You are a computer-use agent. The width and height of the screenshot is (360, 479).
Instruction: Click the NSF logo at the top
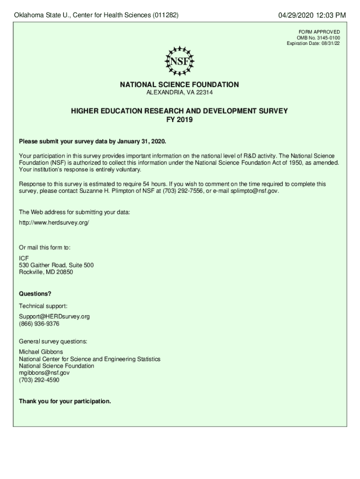[x=180, y=61]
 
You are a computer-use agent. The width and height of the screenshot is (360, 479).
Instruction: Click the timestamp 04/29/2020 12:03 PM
[x=312, y=16]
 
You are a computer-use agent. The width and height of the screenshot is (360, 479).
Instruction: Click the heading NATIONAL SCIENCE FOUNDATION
[x=180, y=85]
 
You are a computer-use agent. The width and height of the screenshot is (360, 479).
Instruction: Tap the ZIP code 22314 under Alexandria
[x=205, y=93]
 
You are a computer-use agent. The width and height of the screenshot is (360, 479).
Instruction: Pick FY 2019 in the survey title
[x=180, y=120]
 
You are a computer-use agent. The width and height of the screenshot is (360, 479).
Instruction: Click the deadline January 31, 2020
[x=141, y=141]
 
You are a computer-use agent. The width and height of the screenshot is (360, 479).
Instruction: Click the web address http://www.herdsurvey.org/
[x=54, y=223]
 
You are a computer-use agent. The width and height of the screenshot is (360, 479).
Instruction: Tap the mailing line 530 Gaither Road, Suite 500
[x=56, y=265]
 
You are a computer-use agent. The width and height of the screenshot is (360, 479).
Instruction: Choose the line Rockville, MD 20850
[x=46, y=272]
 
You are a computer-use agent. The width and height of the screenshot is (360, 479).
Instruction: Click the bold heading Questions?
[x=35, y=294]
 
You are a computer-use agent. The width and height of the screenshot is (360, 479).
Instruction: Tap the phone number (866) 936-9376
[x=39, y=324]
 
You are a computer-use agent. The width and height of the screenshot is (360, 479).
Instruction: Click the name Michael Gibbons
[x=41, y=352]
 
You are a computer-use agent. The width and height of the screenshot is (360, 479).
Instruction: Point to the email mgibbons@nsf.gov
[x=44, y=373]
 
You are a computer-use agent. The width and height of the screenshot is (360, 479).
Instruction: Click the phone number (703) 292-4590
[x=39, y=380]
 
